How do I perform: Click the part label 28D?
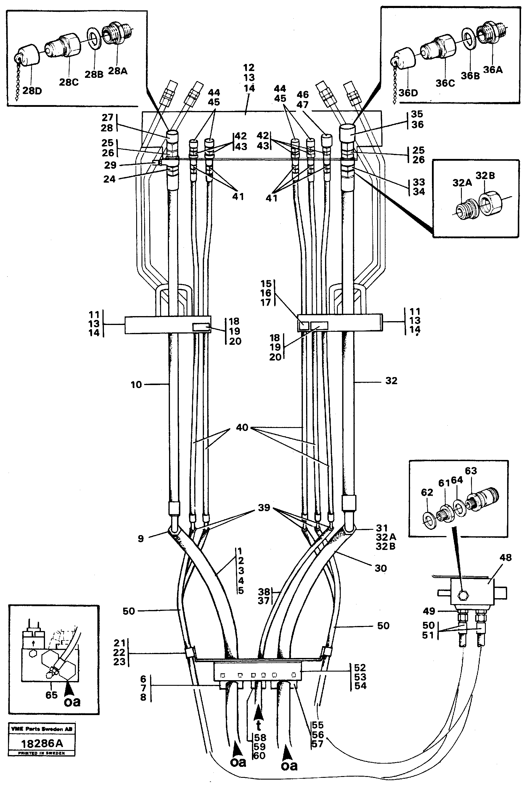coord(32,91)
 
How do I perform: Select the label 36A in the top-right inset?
coord(493,70)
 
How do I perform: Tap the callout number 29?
coord(110,165)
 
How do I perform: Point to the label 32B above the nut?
coord(485,176)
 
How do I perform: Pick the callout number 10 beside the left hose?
coord(136,385)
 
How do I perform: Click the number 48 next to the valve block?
coord(505,557)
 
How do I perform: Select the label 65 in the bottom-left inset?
coord(52,695)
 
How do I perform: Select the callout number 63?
coord(471,471)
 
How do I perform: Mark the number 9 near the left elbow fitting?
coord(141,538)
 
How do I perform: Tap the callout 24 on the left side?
coord(109,179)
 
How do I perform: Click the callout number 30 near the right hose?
coord(380,568)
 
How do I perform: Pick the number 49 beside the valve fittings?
coord(429,611)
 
